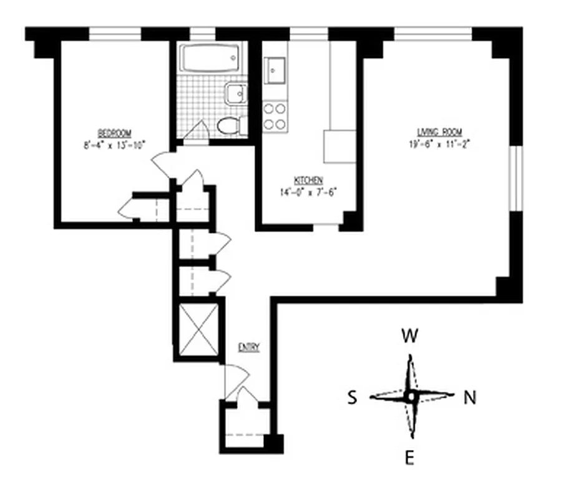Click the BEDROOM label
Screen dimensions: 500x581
point(114,132)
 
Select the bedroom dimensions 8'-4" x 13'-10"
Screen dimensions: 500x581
point(114,144)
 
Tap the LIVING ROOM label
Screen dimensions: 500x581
point(439,132)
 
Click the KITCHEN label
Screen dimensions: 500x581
point(308,180)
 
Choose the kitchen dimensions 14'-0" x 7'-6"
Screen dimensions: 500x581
point(308,192)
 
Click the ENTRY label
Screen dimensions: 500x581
point(248,347)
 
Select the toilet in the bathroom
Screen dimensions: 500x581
point(230,126)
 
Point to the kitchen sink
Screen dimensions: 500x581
point(275,69)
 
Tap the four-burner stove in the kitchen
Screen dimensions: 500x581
point(275,116)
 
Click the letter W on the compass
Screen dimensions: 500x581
point(409,337)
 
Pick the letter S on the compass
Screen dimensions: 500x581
point(353,398)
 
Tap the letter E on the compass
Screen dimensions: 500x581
point(409,459)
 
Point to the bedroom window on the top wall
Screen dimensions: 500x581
point(115,33)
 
